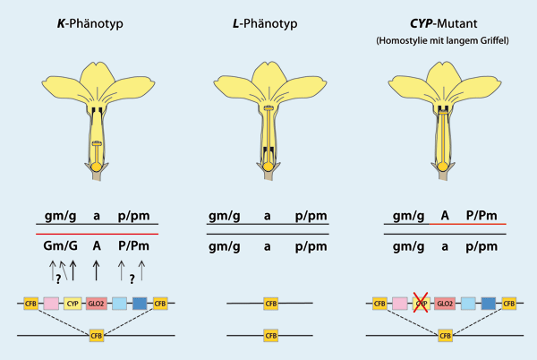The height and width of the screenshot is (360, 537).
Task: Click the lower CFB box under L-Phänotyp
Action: click(270, 336)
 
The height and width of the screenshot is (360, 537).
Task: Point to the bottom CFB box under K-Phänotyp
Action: click(96, 336)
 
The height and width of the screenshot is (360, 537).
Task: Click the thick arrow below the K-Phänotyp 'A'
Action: click(97, 268)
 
